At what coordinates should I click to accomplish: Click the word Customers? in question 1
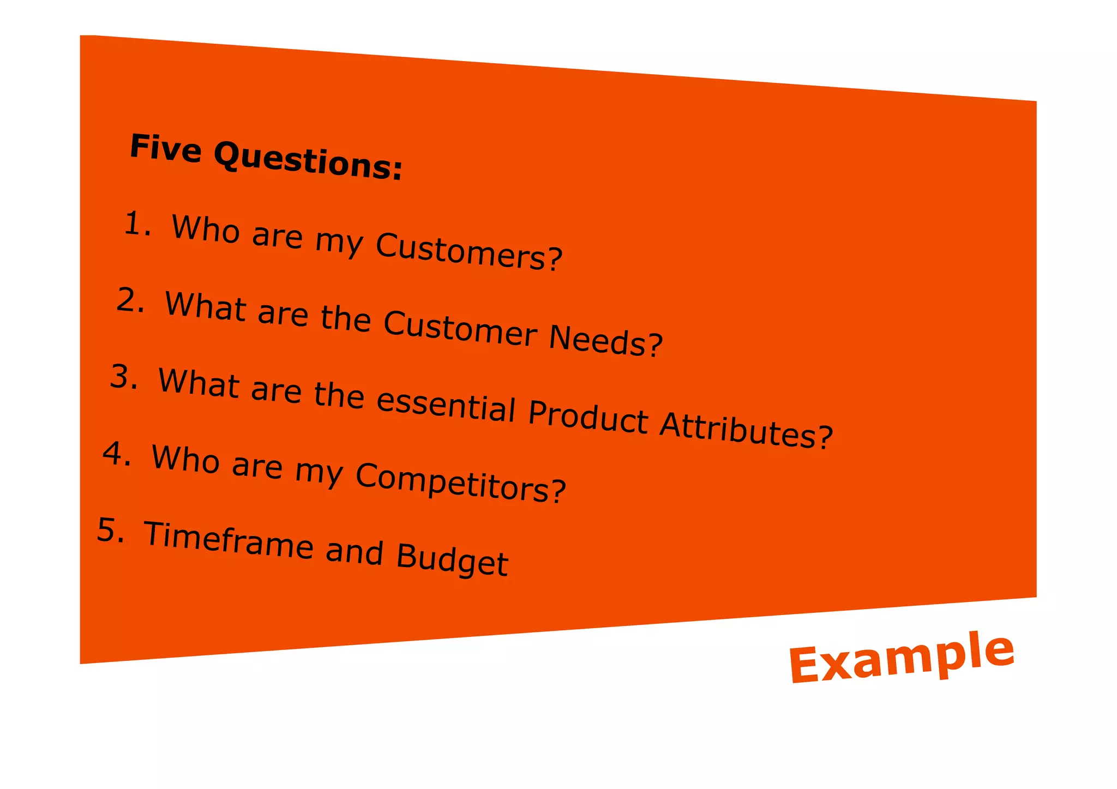click(469, 252)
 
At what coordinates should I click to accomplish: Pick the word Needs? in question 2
click(606, 340)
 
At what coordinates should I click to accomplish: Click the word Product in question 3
click(588, 418)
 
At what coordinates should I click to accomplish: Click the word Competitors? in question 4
click(461, 482)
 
